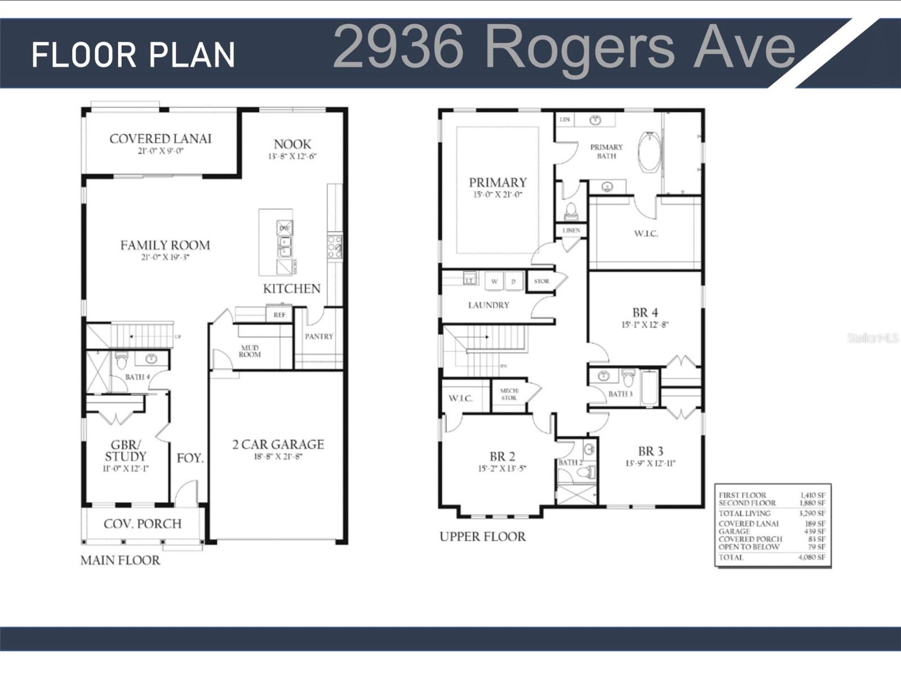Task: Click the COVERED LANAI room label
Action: [161, 139]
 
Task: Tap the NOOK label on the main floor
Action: [292, 144]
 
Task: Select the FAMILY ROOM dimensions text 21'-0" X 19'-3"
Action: [165, 258]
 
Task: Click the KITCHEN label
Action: [291, 289]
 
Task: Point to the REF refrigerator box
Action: [279, 315]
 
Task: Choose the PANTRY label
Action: [319, 337]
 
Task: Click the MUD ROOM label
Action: [250, 351]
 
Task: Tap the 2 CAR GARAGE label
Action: [278, 444]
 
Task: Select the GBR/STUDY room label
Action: [125, 450]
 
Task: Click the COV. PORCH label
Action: [143, 524]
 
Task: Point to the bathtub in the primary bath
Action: [649, 152]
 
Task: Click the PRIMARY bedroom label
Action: [498, 183]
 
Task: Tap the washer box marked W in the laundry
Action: [494, 281]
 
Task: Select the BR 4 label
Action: [645, 313]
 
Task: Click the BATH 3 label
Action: [620, 394]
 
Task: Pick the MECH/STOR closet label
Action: [509, 394]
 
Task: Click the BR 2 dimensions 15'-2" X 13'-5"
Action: [501, 469]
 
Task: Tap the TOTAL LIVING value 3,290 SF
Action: [811, 514]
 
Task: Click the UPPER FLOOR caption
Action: [482, 537]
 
